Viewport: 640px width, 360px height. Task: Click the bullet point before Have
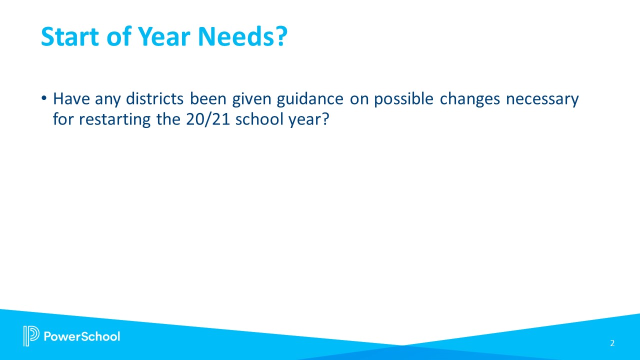point(44,99)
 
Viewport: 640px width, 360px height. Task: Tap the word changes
point(470,99)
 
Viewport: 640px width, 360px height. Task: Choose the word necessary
point(542,99)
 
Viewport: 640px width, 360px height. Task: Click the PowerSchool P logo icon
point(31,336)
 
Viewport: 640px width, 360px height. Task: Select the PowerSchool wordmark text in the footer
point(82,336)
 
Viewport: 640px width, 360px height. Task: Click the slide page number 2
point(612,343)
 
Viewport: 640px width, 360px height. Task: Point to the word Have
point(70,99)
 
